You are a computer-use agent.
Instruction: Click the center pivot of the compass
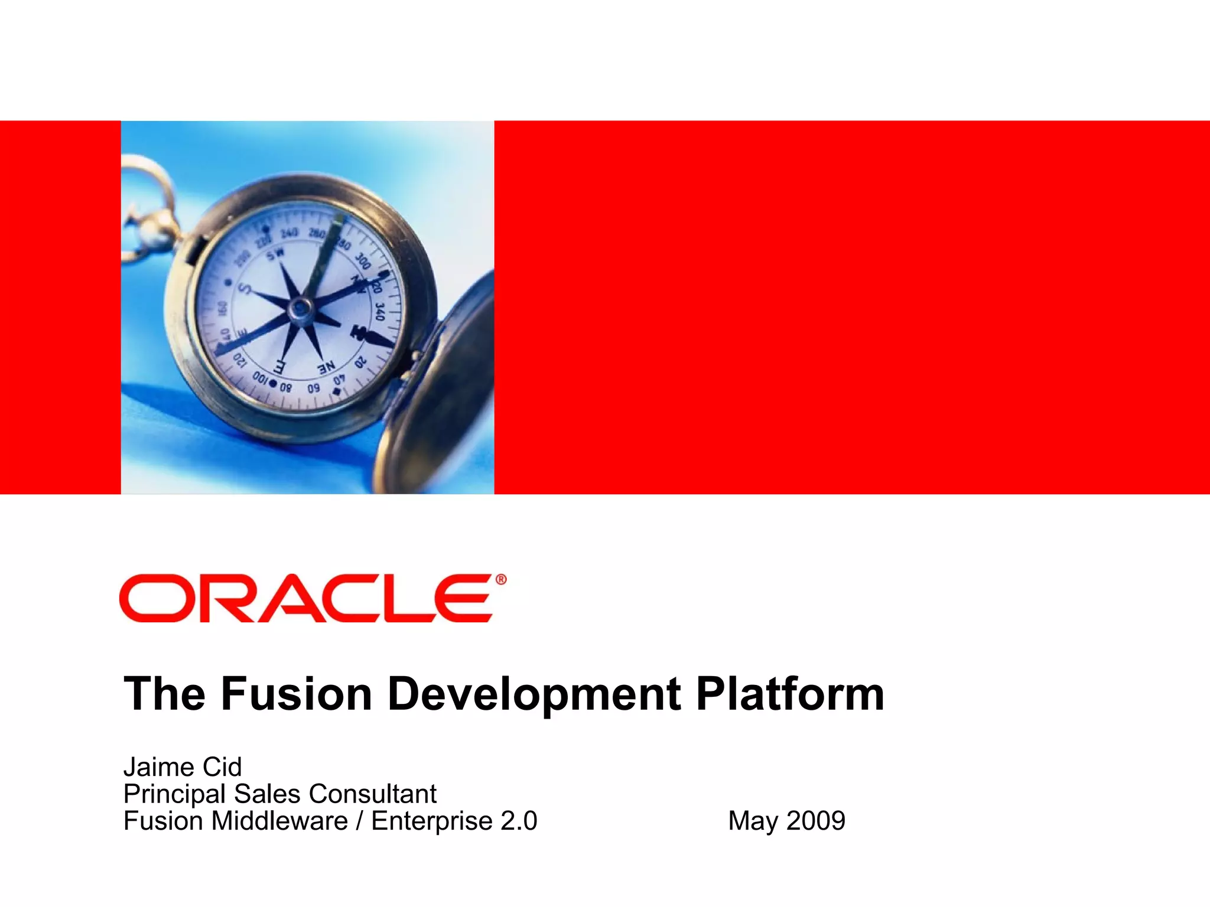(301, 308)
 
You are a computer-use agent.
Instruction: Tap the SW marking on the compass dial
(275, 255)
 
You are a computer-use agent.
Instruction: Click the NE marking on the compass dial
(326, 368)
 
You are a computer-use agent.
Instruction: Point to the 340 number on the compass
(379, 311)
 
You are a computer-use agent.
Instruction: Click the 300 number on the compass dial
(363, 260)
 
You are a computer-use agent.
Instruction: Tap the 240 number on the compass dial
(289, 234)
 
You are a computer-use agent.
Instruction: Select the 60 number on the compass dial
(313, 387)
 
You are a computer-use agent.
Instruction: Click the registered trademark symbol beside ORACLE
(500, 580)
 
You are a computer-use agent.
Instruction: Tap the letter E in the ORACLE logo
(462, 598)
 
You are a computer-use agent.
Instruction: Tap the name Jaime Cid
(183, 767)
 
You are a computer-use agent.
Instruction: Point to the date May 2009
(786, 821)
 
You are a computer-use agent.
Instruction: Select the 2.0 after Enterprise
(519, 821)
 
